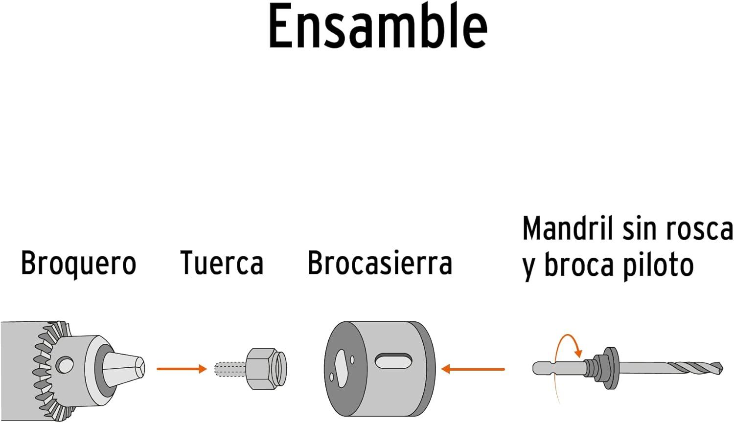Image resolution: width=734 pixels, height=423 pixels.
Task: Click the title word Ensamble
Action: [378, 27]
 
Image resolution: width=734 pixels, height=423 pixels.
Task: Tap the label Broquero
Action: [79, 264]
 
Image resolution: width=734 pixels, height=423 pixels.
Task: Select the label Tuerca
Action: [222, 262]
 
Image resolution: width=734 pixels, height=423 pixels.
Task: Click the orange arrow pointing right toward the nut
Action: [182, 369]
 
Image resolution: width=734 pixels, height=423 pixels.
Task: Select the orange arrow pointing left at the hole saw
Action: [473, 369]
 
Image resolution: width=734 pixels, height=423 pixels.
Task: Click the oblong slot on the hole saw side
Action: [393, 361]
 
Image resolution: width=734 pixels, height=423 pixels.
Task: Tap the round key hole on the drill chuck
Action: [65, 364]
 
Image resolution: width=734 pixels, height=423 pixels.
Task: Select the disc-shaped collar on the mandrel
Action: [611, 368]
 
